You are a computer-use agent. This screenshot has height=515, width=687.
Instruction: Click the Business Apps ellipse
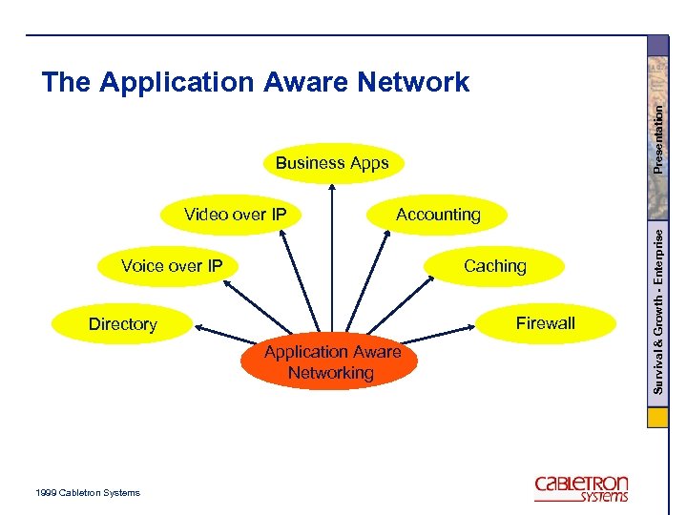coord(332,163)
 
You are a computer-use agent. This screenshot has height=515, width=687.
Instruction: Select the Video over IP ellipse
coord(235,215)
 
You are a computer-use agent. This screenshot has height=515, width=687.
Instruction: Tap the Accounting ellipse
coord(438,215)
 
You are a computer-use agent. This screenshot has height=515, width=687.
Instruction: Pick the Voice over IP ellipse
coord(172,266)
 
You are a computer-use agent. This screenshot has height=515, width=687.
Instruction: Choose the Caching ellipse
coord(494,266)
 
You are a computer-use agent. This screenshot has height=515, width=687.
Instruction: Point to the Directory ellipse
coord(122,324)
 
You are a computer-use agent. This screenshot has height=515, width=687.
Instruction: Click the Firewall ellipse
coord(545,323)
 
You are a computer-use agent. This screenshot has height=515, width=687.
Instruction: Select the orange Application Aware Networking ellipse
coord(331,362)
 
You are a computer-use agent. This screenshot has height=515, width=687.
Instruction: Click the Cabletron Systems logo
coord(581,487)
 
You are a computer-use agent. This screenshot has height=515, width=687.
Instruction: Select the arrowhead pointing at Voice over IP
coord(234,279)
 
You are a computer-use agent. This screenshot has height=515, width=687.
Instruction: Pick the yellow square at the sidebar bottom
coord(658,419)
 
